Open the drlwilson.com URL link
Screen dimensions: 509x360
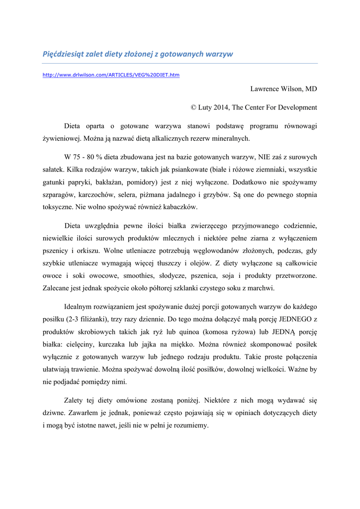coord(111,75)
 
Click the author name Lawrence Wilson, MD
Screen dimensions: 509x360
coord(283,88)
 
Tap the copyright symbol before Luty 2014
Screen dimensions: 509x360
coord(194,107)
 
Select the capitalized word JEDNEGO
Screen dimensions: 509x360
coord(291,320)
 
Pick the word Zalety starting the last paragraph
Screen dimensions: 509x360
coord(75,401)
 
